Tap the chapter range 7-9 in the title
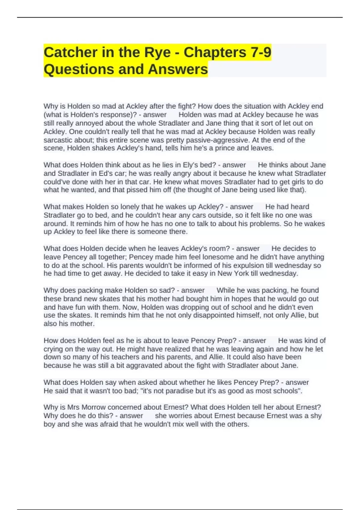pyautogui.click(x=260, y=52)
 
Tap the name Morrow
pyautogui.click(x=94, y=407)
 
